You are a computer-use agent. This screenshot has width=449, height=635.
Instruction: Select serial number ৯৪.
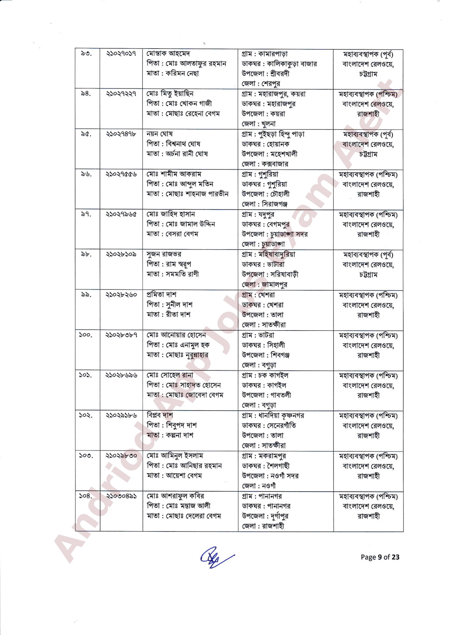(86, 94)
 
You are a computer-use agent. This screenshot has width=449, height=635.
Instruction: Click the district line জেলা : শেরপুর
(261, 83)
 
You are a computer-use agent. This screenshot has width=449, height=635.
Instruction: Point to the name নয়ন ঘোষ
(160, 134)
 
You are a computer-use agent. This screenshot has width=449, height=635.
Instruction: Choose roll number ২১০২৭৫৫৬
(121, 174)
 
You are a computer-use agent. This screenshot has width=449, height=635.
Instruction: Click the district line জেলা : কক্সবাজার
(265, 164)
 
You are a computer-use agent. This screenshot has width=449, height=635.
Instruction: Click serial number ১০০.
(85, 335)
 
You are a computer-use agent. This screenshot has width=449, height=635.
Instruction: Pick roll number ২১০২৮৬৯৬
(121, 375)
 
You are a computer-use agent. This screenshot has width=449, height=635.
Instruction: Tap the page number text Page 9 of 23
(380, 557)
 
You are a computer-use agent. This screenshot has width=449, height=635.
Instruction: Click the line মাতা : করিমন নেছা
(173, 73)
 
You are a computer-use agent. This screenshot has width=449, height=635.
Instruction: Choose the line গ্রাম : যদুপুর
(258, 214)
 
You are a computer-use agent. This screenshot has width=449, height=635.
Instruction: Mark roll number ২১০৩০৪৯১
(121, 496)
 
